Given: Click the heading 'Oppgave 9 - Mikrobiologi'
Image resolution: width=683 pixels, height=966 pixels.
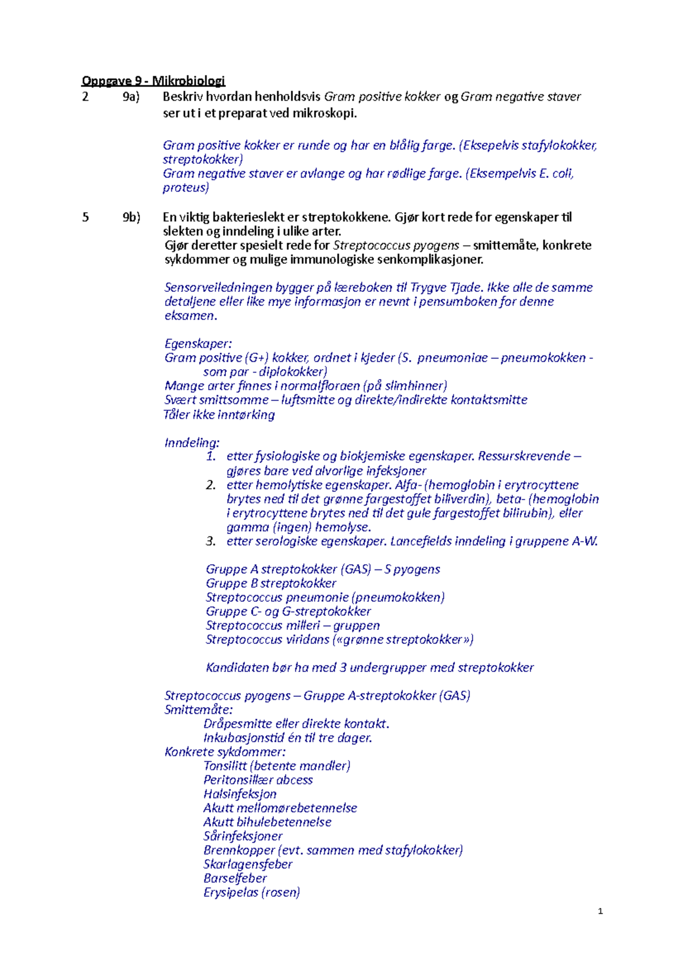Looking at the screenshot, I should [153, 81].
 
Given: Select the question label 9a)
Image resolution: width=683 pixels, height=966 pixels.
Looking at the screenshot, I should [131, 97].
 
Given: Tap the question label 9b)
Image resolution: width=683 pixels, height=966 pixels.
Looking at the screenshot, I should [131, 217].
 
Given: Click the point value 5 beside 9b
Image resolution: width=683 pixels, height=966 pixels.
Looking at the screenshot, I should [85, 217].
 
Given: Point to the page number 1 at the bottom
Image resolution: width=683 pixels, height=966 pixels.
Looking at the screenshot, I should [600, 911].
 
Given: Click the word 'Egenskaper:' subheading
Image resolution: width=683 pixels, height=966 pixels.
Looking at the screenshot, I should [198, 344].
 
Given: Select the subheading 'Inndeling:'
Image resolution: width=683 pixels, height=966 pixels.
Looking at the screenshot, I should [192, 443].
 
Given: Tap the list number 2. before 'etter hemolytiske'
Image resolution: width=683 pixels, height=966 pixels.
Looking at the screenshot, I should [211, 485].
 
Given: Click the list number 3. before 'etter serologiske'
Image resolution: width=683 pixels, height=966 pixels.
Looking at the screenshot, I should [211, 541].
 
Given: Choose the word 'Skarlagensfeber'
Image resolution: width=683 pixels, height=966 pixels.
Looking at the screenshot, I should [248, 864].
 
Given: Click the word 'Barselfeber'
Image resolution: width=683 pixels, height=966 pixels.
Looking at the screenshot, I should [235, 878].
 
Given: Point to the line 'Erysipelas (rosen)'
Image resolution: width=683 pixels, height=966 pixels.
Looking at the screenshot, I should [252, 892].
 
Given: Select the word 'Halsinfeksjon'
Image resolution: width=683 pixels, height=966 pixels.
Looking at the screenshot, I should [240, 794].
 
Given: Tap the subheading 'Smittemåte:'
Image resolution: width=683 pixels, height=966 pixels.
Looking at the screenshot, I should [198, 709].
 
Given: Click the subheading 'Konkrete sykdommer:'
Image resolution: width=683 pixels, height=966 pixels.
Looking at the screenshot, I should [225, 752].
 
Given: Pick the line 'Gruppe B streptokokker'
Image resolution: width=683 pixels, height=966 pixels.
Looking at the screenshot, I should [271, 583].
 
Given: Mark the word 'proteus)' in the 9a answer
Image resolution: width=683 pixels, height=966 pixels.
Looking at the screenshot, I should [186, 188].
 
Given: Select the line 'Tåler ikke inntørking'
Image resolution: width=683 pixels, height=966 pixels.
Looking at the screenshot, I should [219, 415].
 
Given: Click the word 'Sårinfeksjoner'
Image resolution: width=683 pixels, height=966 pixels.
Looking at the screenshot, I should [243, 836].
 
